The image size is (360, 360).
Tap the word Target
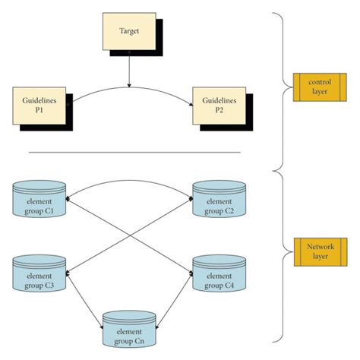tap(129, 31)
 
